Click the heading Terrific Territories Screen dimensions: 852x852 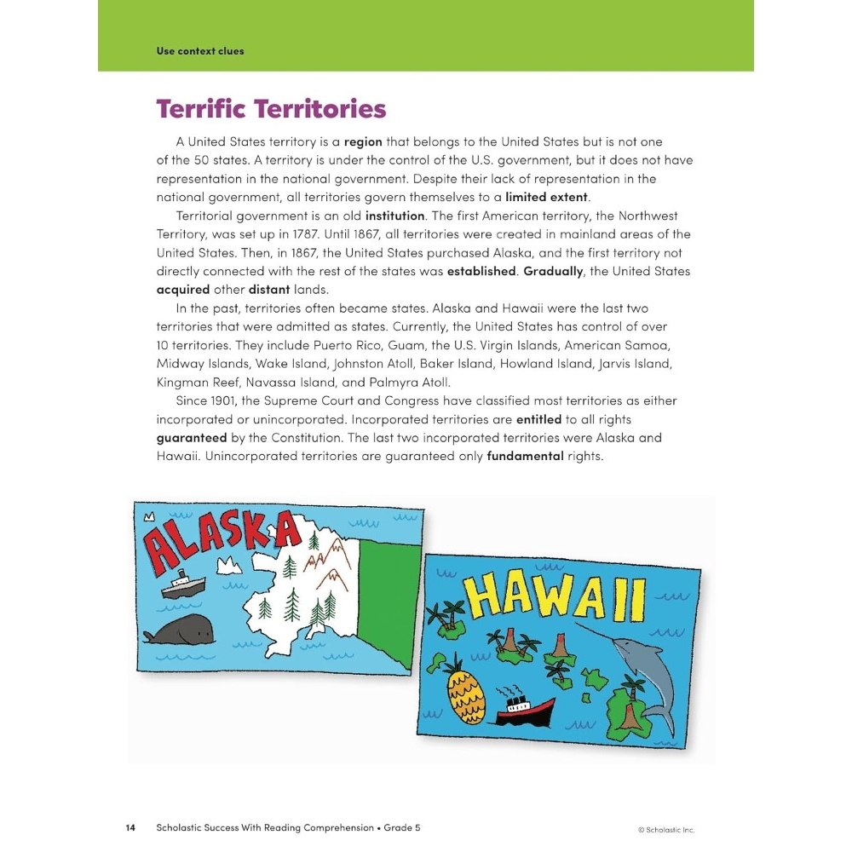coord(271,110)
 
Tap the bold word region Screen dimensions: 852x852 coord(363,141)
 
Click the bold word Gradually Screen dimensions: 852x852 coord(555,272)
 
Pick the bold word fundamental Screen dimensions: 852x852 coord(525,456)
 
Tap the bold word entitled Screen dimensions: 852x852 coord(538,419)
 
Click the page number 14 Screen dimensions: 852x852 coord(130,827)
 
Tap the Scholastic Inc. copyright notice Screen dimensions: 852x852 coord(671,829)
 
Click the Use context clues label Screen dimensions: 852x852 coord(200,51)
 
